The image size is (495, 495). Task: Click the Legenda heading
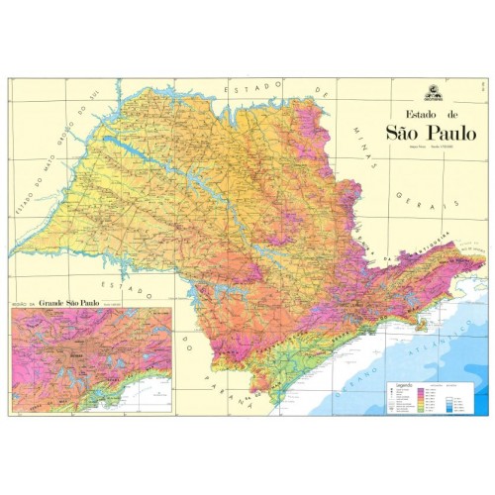[399, 381]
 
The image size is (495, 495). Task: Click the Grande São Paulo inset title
[73, 304]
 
